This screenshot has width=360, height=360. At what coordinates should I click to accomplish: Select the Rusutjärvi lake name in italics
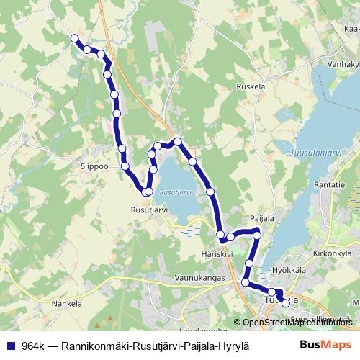174,193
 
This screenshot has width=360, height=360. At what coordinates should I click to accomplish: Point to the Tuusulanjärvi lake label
317,153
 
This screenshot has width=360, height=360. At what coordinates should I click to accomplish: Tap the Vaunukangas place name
200,277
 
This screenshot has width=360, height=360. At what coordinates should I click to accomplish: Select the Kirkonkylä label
333,254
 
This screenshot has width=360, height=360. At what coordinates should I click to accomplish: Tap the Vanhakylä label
343,63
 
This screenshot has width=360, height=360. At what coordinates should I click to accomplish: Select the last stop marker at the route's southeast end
285,303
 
